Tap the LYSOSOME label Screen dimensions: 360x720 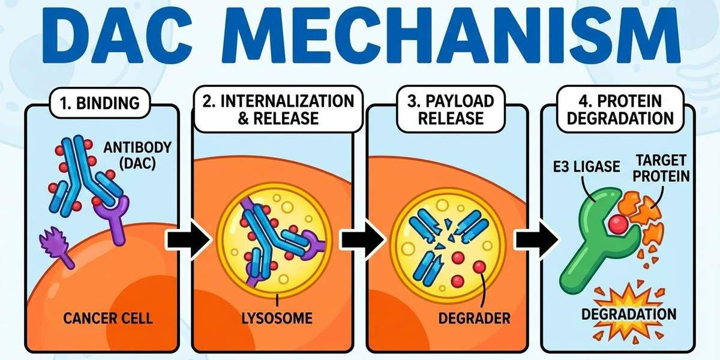pos(277,316)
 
